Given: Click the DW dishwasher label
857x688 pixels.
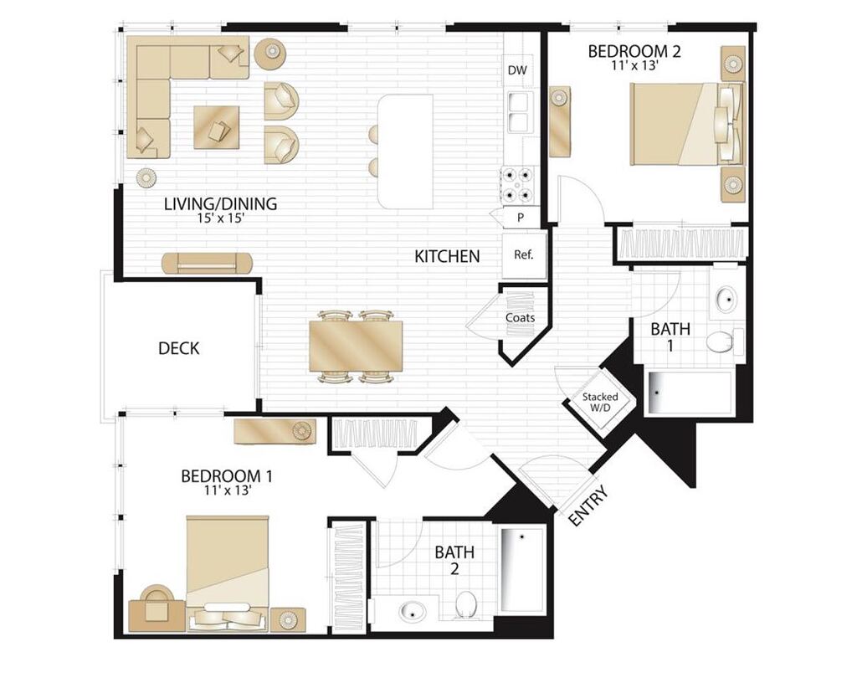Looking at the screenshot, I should [517, 70].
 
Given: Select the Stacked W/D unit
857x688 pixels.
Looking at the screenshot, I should [601, 403].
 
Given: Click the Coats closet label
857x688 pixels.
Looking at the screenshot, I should [520, 318].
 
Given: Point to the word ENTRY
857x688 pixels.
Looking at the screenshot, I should [588, 506].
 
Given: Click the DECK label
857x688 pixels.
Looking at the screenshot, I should [178, 348].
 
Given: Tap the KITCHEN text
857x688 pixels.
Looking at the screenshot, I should [447, 256].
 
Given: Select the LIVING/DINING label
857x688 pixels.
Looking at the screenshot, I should [220, 203].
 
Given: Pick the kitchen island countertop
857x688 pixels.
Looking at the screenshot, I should [405, 151].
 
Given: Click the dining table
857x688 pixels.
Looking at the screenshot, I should [356, 345].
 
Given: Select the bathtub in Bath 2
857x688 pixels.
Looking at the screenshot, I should [522, 567].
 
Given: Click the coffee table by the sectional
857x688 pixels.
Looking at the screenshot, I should [216, 127].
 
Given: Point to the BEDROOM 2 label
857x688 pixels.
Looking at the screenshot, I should [634, 52].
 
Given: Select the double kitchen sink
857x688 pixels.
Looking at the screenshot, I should [518, 112].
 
